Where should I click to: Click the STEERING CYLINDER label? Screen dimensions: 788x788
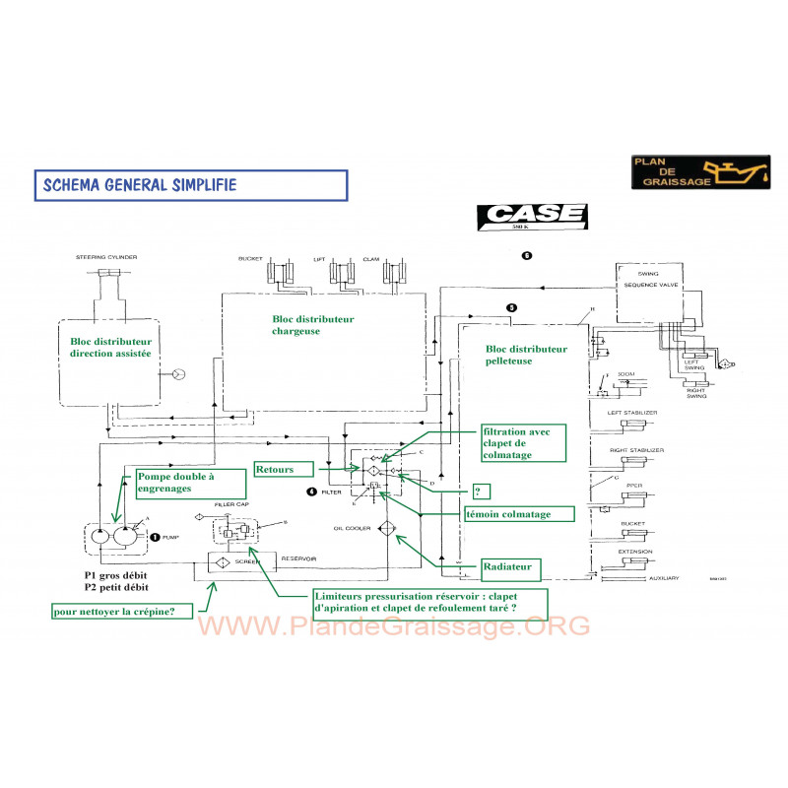106,258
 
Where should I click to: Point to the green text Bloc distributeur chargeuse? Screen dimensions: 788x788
312,325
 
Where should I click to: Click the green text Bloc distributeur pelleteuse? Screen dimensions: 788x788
527,355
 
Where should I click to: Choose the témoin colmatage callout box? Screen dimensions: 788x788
519,513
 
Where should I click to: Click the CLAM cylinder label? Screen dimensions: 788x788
370,258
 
